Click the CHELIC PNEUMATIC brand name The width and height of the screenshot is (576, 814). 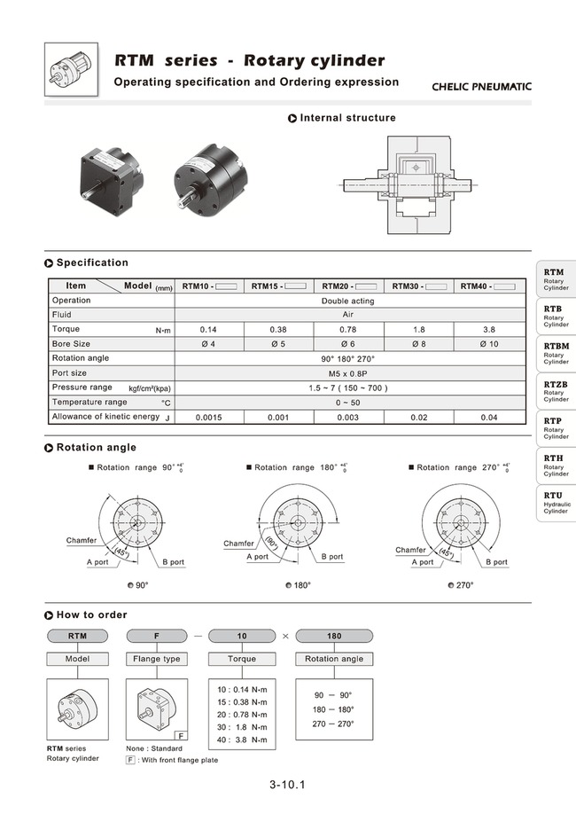(481, 87)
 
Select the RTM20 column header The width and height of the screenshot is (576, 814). (349, 286)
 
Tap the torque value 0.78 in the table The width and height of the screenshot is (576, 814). (349, 329)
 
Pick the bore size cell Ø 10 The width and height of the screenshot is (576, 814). (488, 343)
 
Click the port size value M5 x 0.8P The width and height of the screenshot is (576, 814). (349, 373)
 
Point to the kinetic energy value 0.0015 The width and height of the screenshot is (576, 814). (208, 417)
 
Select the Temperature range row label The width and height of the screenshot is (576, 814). (90, 402)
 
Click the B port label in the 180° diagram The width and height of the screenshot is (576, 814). (331, 557)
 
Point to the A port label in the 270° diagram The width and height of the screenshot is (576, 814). (420, 562)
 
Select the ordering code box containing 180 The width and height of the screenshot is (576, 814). (334, 636)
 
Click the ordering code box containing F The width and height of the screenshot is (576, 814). (157, 636)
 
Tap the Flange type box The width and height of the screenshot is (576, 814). (157, 659)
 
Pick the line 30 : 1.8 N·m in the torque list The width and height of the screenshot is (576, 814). (241, 727)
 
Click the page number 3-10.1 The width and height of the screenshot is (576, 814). (288, 785)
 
